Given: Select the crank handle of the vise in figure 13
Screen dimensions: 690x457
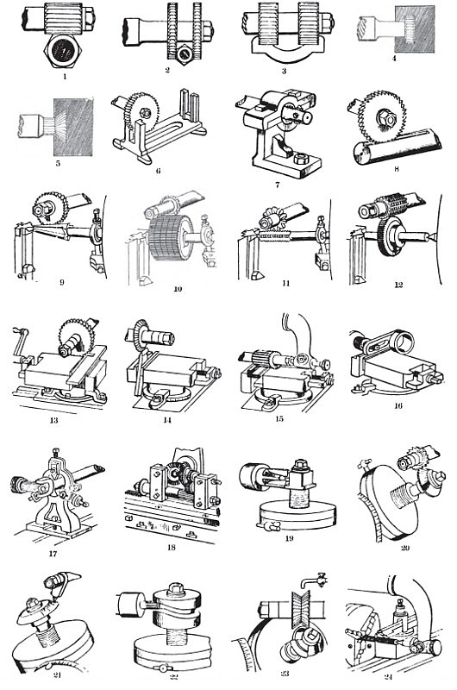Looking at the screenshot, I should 21,343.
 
